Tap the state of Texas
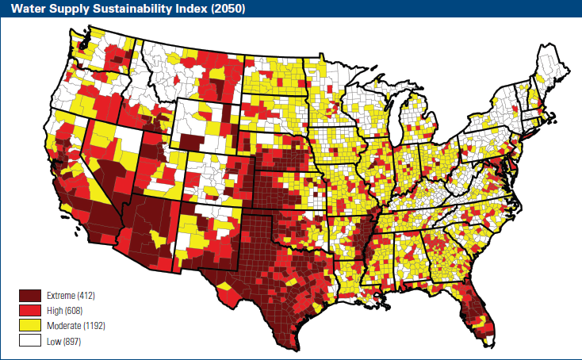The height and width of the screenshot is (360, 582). [270, 262]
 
